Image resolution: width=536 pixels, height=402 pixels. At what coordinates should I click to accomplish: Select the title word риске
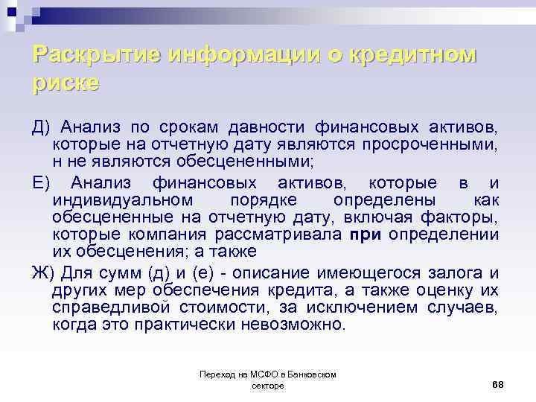(x=66, y=82)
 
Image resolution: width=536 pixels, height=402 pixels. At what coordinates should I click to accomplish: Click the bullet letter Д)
(x=42, y=124)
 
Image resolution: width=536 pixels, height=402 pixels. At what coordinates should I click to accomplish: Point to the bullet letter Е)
(x=42, y=183)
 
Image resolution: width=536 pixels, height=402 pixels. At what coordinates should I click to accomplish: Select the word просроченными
(x=430, y=141)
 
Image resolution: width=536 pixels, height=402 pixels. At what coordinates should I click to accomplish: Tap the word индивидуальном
(x=122, y=201)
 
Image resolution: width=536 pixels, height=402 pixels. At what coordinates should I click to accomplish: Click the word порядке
(x=265, y=201)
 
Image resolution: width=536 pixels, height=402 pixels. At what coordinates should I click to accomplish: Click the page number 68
(x=498, y=383)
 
